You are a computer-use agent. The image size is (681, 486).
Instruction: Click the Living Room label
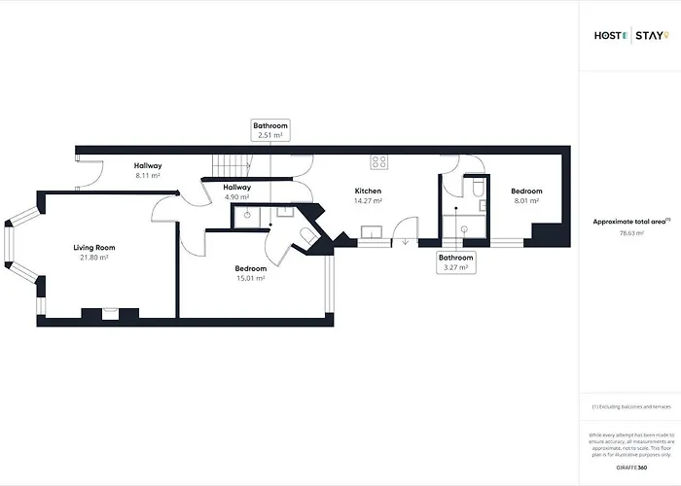(90, 248)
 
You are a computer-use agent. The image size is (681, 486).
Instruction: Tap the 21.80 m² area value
(90, 258)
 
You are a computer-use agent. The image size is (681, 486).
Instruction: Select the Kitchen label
(367, 191)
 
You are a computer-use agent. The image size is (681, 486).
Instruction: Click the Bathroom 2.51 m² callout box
(270, 130)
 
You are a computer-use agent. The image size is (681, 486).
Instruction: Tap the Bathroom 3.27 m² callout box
(455, 262)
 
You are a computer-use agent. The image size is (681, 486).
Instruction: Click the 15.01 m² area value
(250, 278)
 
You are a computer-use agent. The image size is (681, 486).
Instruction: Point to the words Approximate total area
(630, 222)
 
